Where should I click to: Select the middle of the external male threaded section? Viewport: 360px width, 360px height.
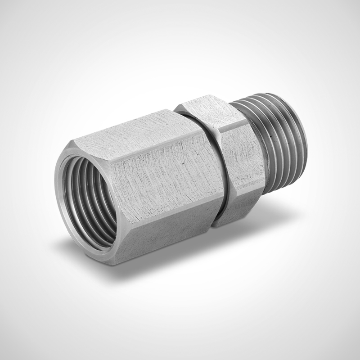point(274,144)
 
